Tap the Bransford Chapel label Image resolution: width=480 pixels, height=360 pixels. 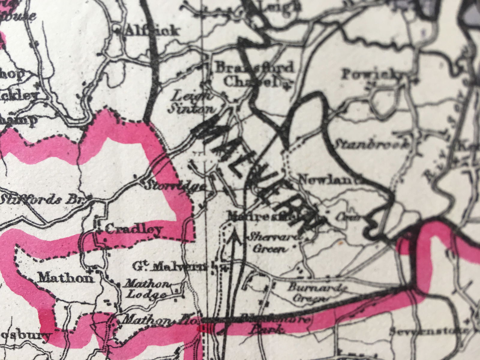[254, 74]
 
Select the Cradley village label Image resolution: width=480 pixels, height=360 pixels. [134, 230]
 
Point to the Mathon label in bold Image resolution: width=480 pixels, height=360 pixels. [65, 277]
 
